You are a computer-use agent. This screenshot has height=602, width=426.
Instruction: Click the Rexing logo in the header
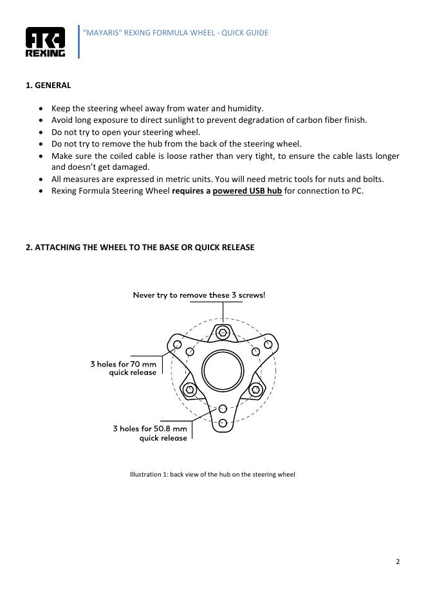[45, 42]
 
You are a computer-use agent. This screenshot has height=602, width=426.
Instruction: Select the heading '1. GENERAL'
[48, 85]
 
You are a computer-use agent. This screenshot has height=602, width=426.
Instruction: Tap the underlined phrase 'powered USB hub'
[247, 191]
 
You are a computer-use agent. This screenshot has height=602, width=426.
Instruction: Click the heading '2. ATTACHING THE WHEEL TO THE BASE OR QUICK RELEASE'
[140, 247]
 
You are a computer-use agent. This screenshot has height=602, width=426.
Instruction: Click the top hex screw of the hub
[223, 333]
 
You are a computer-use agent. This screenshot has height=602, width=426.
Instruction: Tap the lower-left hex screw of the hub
[190, 390]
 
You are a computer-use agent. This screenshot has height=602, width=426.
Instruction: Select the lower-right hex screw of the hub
[255, 390]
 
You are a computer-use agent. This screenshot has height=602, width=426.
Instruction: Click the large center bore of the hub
[223, 370]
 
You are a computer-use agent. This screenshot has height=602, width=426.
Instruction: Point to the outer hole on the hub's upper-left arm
[177, 344]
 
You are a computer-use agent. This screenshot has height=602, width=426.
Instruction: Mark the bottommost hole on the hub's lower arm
[223, 423]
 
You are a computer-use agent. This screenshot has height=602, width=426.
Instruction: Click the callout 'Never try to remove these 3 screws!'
[199, 295]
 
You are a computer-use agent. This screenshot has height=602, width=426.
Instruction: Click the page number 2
[398, 561]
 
